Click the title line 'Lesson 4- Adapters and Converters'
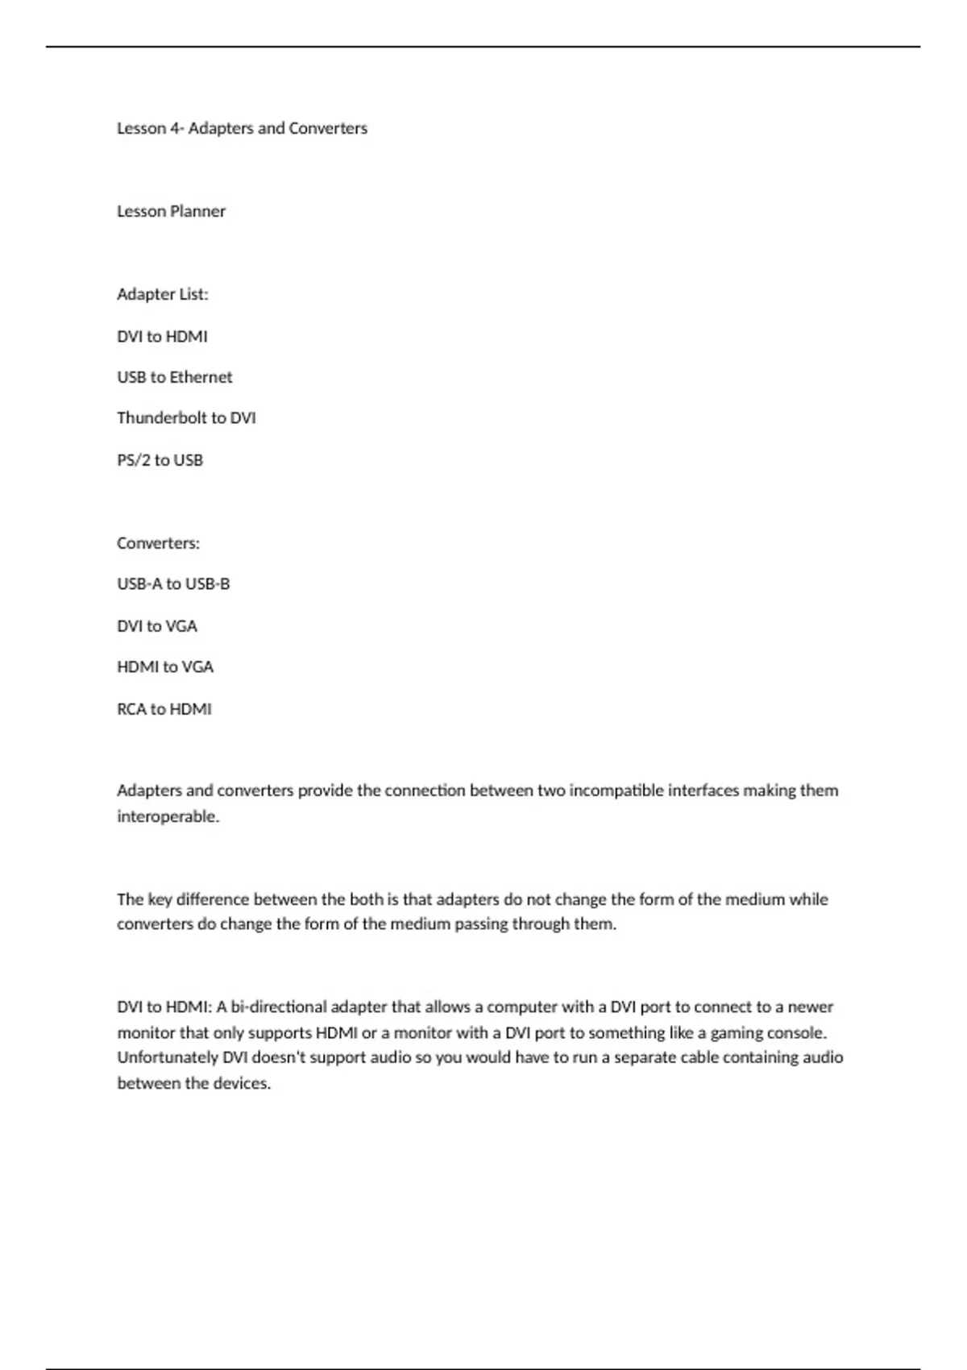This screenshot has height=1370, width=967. coord(242,128)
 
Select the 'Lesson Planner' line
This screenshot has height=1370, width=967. coord(171,211)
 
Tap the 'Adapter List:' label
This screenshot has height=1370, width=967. coord(162,294)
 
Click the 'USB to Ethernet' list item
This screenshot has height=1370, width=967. coord(174,377)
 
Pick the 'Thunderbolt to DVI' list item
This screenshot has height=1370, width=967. coord(186,418)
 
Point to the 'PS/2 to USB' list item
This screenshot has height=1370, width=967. coord(160,460)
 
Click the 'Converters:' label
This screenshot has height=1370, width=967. coord(158,543)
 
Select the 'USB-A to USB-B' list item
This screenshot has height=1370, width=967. coord(173,583)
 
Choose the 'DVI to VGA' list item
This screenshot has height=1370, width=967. coord(157,626)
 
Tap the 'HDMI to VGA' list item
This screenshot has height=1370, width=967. coord(165,667)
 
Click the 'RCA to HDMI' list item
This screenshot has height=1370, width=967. coord(164,709)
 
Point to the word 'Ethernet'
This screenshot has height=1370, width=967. coord(201,377)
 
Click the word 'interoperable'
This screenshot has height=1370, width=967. coord(168,816)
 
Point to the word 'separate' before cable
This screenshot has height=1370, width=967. coord(645,1057)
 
